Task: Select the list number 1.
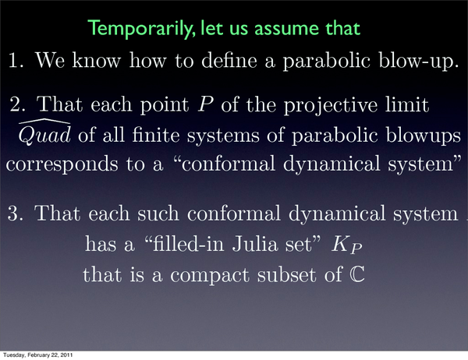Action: [x=16, y=60]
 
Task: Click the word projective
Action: [x=331, y=106]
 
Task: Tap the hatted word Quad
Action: [x=44, y=132]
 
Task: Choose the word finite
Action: [x=155, y=135]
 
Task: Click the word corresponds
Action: [x=62, y=165]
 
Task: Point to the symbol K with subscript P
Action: [x=347, y=245]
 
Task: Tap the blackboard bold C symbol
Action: [x=357, y=274]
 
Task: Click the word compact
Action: [x=210, y=276]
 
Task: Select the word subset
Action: [x=286, y=274]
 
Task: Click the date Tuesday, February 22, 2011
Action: [x=38, y=355]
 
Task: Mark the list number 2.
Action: [x=16, y=104]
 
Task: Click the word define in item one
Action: [x=229, y=60]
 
